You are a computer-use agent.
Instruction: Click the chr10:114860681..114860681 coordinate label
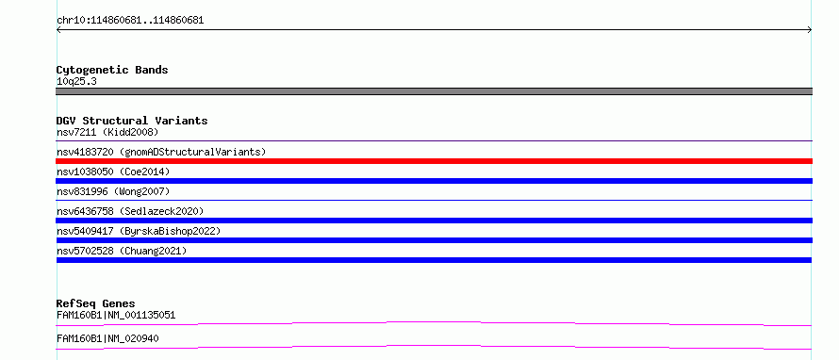pos(130,21)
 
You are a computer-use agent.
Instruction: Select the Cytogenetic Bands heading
pos(112,70)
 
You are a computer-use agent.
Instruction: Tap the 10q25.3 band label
pos(76,82)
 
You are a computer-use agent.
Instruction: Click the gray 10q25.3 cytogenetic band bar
pos(434,91)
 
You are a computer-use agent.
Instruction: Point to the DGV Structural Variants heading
pos(132,121)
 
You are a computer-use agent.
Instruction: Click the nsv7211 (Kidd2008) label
pos(107,132)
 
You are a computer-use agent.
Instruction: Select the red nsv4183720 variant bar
pos(434,161)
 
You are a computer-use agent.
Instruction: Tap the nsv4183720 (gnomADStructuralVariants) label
pos(161,152)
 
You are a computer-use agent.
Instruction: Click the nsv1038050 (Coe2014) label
pos(113,172)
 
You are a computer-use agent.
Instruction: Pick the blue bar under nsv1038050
pos(434,181)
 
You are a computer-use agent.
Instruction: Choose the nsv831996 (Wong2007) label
pos(113,191)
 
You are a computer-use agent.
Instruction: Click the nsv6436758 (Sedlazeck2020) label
pos(130,211)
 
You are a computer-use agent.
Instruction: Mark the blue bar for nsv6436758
pos(434,221)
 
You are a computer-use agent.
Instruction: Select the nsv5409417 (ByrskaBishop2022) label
pos(139,231)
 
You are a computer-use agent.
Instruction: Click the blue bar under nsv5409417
pos(434,240)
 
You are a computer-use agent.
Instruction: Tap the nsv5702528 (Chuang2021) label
pos(122,251)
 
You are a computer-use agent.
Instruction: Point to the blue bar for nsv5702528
pos(434,260)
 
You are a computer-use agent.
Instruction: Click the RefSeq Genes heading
pos(96,303)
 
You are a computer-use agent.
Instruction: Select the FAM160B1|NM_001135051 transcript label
pos(116,315)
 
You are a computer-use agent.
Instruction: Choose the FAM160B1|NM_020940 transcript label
pos(107,338)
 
